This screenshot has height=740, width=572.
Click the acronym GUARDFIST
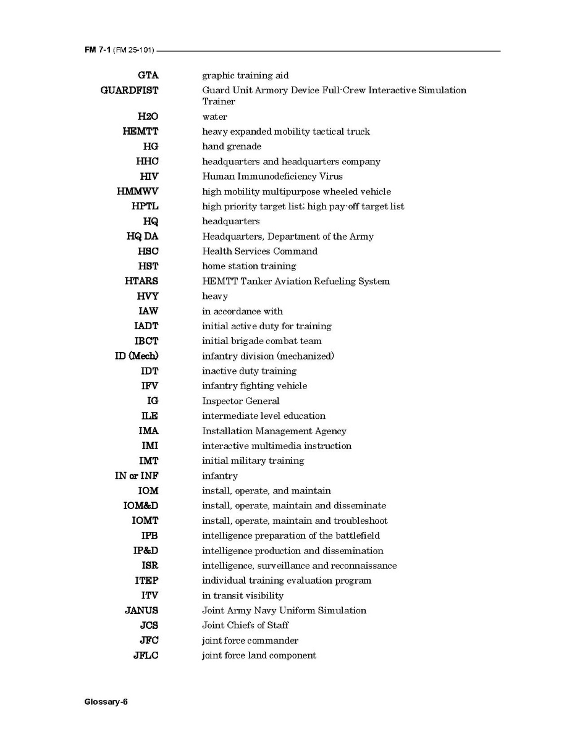(129, 90)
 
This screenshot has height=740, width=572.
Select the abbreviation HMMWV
(137, 191)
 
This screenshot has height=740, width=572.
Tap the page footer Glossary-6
(106, 702)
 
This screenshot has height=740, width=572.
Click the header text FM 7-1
(98, 51)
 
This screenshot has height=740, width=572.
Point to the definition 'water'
(214, 117)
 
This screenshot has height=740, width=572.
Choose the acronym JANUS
(141, 610)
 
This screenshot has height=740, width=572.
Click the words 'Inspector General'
(240, 401)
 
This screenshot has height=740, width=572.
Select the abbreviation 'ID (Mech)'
(137, 356)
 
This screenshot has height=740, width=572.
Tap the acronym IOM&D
(140, 506)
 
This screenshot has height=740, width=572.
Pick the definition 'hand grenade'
(232, 146)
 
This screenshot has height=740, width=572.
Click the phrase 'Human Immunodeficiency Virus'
(272, 176)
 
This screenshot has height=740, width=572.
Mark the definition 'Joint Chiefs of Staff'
(245, 625)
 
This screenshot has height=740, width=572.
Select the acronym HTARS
(141, 281)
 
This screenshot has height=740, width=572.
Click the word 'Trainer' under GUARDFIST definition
(219, 101)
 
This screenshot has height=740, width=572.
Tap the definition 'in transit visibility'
(243, 595)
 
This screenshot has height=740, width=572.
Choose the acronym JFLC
(146, 655)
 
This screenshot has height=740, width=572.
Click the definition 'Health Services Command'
(259, 251)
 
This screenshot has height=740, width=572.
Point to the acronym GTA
(148, 75)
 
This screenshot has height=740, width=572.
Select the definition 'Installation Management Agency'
(274, 431)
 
